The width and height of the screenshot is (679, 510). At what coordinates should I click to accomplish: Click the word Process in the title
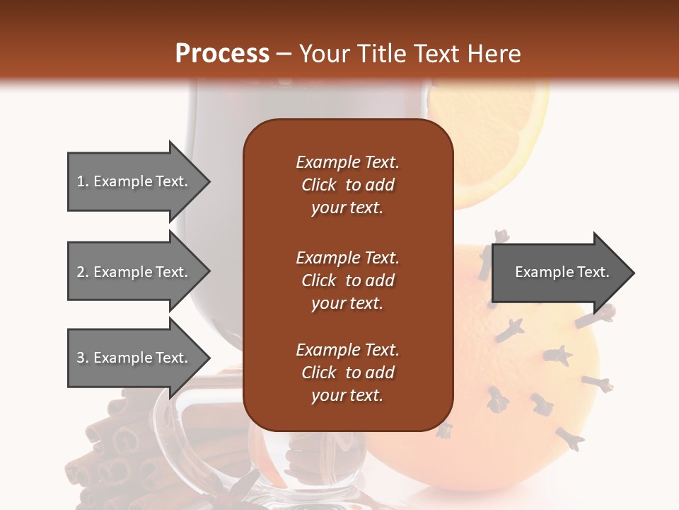click(x=222, y=54)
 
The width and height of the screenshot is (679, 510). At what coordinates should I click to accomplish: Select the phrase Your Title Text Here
click(x=410, y=54)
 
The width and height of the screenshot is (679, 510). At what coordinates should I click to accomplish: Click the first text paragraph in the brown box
click(x=347, y=185)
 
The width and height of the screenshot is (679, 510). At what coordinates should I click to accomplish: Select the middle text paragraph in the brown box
click(x=347, y=280)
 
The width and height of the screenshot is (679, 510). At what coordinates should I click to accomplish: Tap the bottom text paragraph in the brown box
click(x=347, y=373)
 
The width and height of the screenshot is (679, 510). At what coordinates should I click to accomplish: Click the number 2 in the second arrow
click(x=80, y=272)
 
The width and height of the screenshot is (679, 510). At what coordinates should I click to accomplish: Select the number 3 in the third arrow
click(x=80, y=358)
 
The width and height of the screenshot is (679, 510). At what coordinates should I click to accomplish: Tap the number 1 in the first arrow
click(x=80, y=181)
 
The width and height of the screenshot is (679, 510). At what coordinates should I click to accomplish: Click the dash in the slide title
click(x=284, y=55)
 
